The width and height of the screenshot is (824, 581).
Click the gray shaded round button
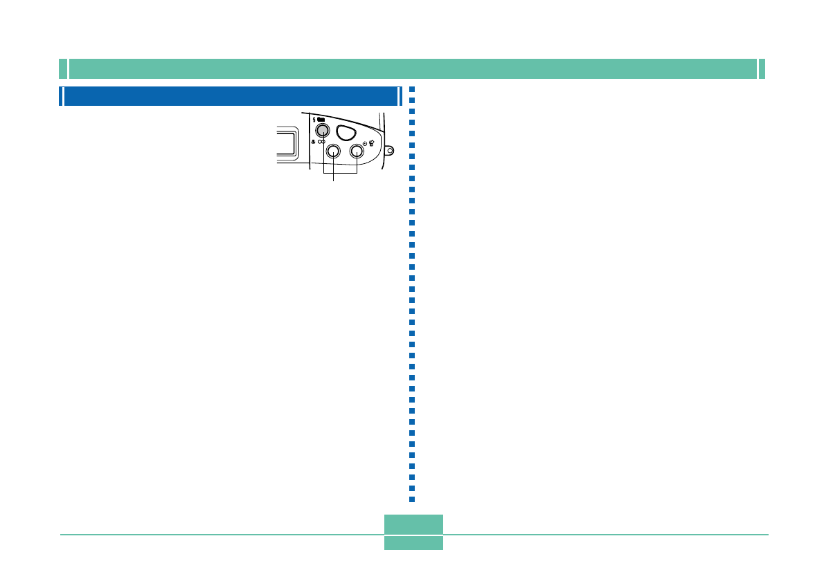point(321,130)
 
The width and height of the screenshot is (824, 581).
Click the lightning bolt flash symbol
point(315,120)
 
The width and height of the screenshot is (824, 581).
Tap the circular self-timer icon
point(365,143)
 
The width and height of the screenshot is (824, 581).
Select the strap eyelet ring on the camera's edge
point(391,149)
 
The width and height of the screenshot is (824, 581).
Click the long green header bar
point(413,69)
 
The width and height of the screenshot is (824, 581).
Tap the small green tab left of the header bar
point(62,69)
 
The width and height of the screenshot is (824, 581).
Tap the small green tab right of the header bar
point(762,69)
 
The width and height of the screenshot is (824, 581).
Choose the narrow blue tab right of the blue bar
point(400,96)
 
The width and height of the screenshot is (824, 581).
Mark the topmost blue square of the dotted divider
point(412,89)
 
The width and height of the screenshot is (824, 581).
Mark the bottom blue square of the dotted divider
point(412,499)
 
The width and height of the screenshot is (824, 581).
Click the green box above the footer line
point(413,524)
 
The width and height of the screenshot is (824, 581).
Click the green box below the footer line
point(413,543)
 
